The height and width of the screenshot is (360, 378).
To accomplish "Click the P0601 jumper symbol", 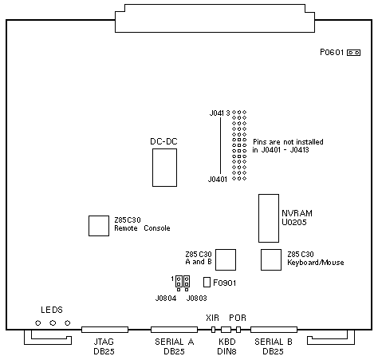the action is click(353, 53).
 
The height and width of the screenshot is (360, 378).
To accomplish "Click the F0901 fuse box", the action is click(207, 283).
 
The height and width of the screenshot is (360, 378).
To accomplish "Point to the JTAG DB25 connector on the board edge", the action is click(104, 330).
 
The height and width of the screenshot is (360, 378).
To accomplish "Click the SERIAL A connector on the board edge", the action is click(174, 330).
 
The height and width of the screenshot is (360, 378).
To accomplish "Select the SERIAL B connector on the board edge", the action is click(274, 330).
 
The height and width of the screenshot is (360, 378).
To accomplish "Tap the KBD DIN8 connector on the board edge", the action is click(226, 330).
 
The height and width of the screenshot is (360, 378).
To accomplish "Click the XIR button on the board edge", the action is click(213, 330).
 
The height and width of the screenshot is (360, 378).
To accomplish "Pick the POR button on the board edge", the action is click(238, 330).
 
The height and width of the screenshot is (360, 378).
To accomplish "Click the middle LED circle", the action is click(53, 323).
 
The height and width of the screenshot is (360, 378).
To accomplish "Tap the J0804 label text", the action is click(166, 299).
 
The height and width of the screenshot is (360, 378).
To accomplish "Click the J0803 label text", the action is click(197, 299).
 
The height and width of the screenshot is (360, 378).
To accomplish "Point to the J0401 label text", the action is click(218, 180).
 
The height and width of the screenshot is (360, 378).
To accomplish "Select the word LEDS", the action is click(52, 310).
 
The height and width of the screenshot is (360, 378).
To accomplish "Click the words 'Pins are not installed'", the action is click(288, 142).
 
